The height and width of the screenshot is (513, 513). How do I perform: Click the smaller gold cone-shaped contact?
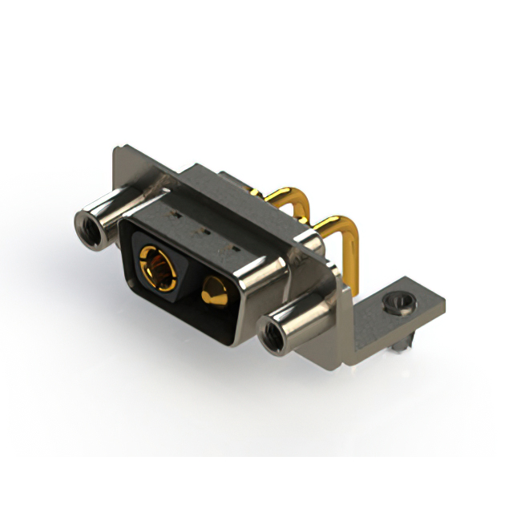pos(215,289)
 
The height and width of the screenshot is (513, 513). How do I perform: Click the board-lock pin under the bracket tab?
pos(401,342)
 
